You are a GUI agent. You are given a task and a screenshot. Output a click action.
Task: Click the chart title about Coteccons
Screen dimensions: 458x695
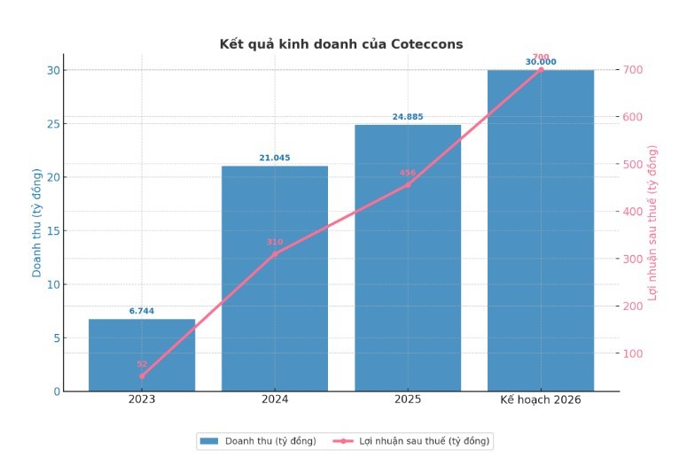pos(340,44)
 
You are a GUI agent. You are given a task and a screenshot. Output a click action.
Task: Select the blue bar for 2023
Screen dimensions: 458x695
pos(142,354)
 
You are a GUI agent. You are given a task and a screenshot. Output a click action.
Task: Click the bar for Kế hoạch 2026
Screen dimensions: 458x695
pos(541,230)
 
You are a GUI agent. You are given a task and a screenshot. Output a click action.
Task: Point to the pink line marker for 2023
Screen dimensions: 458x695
pos(142,376)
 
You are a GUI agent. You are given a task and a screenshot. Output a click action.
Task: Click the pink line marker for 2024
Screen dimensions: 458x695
pos(275,253)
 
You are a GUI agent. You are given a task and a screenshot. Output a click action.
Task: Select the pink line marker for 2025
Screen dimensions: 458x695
pos(408,184)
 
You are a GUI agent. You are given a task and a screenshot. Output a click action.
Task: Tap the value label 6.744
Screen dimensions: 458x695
pos(142,311)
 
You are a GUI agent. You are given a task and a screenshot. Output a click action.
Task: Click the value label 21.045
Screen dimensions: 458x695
pos(275,158)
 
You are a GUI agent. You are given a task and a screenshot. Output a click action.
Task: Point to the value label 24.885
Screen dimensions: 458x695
pos(408,117)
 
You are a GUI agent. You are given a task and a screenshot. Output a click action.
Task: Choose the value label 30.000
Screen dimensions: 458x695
pos(541,62)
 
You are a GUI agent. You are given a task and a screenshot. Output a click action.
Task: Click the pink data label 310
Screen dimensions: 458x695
pos(275,242)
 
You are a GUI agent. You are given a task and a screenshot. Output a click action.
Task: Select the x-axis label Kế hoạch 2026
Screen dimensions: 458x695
pos(541,400)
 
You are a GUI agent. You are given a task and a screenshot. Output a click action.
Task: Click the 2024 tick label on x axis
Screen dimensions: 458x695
pos(275,400)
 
